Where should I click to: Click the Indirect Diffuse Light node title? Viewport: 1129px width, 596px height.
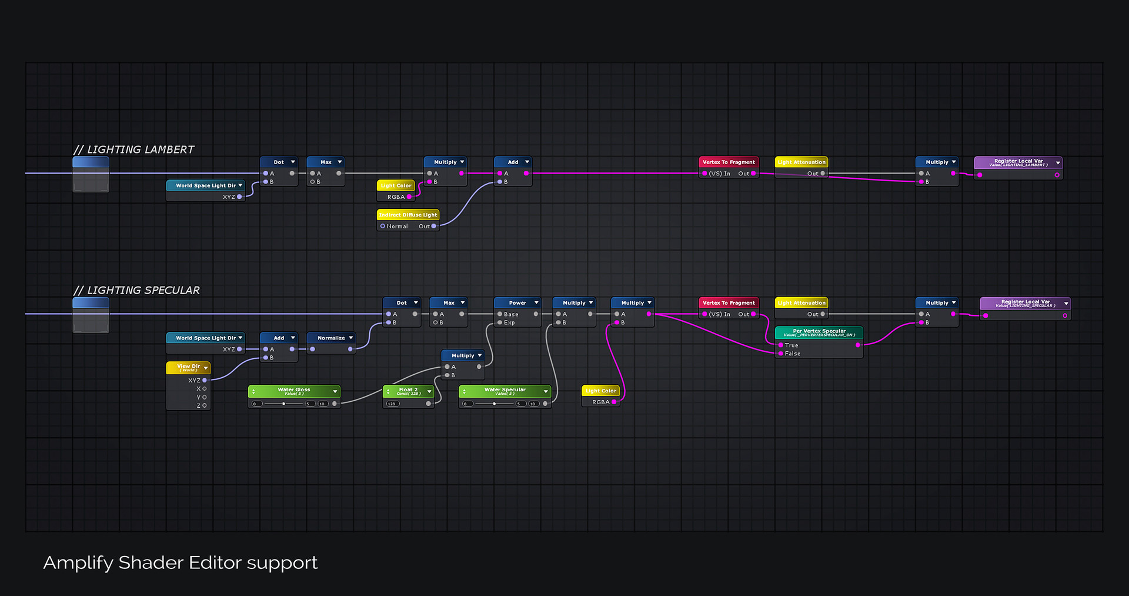[x=408, y=215]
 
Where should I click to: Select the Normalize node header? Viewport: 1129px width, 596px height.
[x=331, y=338]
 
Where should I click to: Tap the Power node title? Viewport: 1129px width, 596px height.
[x=517, y=302]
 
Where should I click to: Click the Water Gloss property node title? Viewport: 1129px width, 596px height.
[x=294, y=391]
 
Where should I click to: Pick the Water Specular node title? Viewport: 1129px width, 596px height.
[x=505, y=391]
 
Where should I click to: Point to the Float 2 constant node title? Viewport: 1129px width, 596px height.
[x=408, y=391]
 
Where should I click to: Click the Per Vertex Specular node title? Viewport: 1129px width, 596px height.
[x=819, y=332]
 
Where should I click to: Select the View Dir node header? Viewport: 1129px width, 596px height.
[x=188, y=367]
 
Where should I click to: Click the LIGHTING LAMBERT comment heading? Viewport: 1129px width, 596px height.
[x=134, y=149]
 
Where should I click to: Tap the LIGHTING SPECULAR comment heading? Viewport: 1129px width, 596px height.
[x=137, y=290]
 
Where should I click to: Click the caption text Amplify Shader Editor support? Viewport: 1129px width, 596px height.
[x=181, y=562]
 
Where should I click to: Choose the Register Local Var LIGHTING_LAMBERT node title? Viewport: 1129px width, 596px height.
[x=1018, y=162]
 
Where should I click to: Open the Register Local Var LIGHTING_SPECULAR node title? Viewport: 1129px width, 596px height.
[x=1026, y=303]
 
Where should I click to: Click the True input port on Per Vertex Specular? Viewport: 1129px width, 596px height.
[x=781, y=345]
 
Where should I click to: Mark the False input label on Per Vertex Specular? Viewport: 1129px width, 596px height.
[x=793, y=354]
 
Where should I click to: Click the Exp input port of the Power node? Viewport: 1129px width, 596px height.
[x=500, y=322]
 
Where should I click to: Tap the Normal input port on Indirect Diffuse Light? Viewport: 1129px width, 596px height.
[x=383, y=226]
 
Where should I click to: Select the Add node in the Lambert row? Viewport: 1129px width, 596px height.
[x=513, y=162]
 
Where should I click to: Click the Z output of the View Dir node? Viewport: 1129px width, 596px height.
[x=205, y=405]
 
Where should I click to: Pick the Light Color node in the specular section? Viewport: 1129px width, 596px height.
[x=600, y=391]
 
